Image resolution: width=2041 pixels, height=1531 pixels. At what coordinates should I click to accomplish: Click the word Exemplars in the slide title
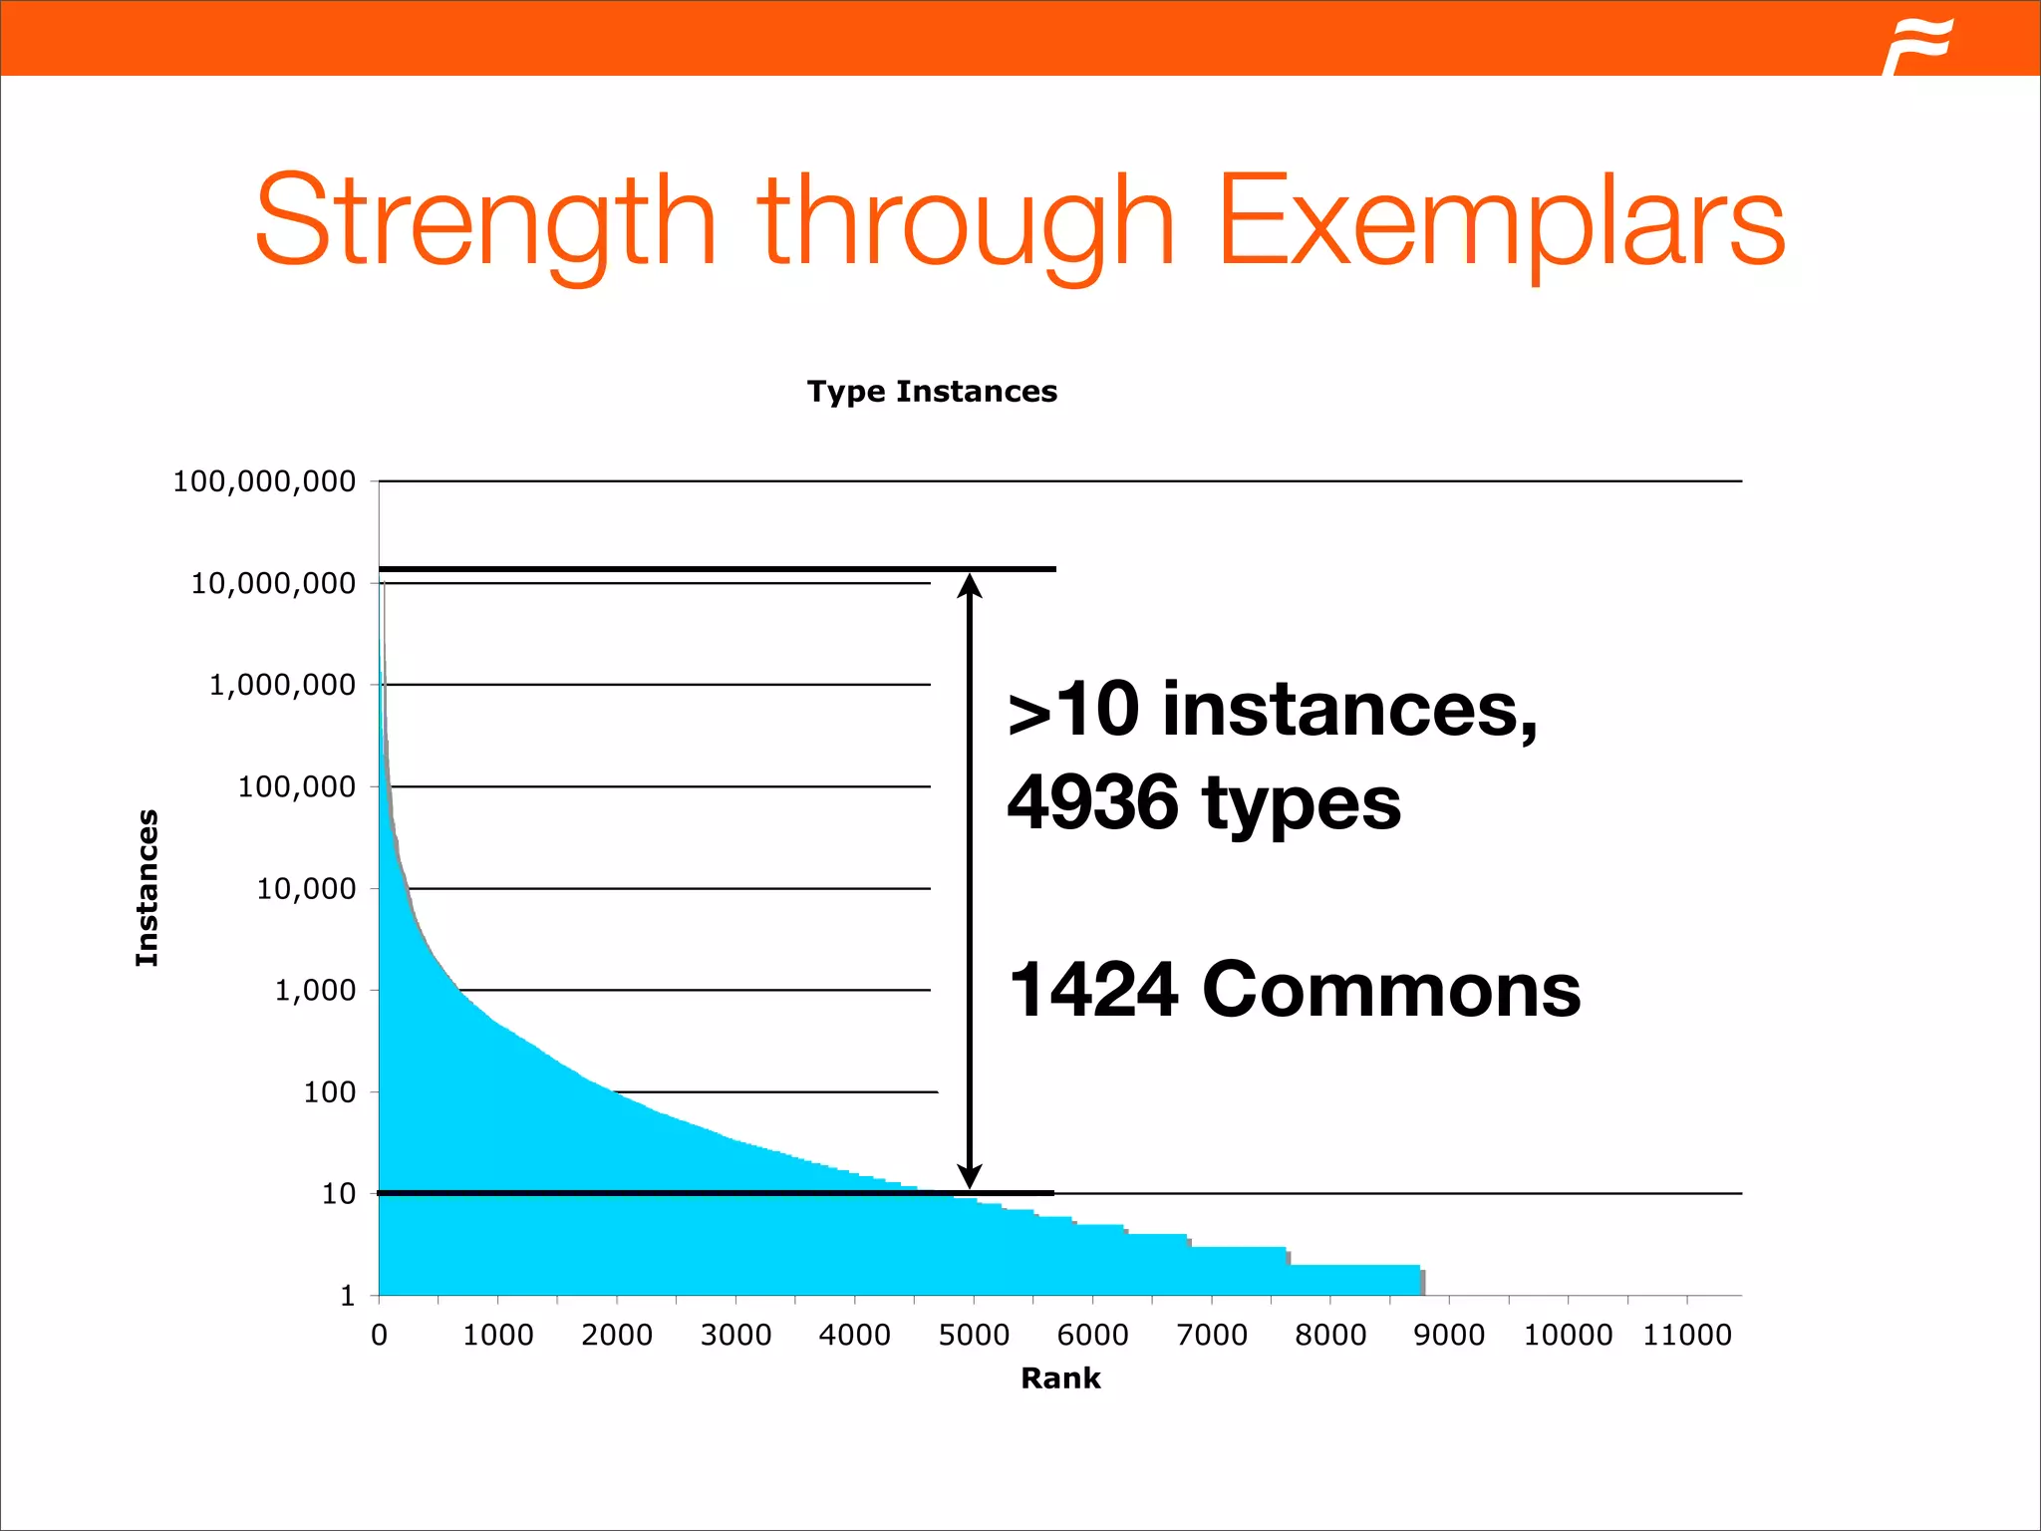point(1501,221)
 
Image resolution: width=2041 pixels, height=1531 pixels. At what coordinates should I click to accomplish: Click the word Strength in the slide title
point(485,221)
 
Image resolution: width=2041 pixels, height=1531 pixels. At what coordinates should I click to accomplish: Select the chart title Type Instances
point(932,392)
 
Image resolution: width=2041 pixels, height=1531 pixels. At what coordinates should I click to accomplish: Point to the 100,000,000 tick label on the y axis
point(264,481)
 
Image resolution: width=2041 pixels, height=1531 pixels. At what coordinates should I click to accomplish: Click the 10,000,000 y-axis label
point(273,583)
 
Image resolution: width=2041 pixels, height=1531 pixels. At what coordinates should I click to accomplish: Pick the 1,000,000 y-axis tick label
point(282,685)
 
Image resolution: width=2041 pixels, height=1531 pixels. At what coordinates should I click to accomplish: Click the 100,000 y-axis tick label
point(296,786)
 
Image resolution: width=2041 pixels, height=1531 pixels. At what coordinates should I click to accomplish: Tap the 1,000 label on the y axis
point(315,990)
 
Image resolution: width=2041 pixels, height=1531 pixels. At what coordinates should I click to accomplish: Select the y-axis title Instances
point(147,887)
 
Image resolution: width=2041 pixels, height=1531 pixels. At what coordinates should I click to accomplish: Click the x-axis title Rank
point(1060,1378)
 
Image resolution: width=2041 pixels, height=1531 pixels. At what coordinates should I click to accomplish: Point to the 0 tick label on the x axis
point(379,1335)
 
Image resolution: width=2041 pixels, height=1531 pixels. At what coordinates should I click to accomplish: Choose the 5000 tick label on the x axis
point(974,1335)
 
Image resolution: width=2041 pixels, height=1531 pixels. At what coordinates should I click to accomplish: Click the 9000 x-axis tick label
point(1449,1335)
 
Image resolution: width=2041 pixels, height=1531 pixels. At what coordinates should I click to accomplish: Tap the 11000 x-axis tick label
point(1687,1335)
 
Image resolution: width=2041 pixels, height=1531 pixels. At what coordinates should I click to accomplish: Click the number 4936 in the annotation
point(1092,802)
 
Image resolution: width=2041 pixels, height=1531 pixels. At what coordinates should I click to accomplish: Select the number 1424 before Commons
point(1093,990)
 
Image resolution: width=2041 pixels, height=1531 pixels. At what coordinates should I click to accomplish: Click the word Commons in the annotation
point(1391,990)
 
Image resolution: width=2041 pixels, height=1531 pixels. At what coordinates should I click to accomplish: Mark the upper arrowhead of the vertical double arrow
point(970,585)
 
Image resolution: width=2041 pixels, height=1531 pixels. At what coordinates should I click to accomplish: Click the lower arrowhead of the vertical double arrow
point(970,1176)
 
